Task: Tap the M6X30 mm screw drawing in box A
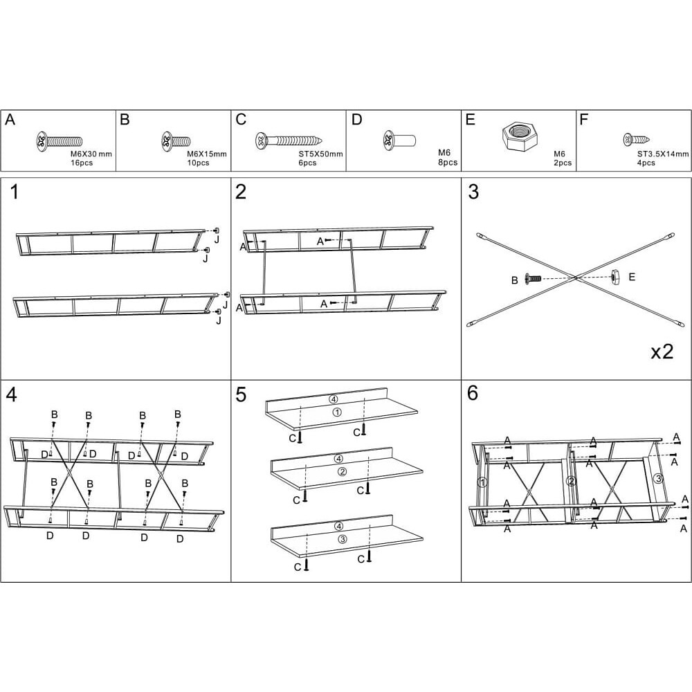coord(59,141)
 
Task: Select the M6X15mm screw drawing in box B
coord(176,141)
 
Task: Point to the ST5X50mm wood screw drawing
coord(288,140)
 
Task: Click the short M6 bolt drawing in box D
coord(399,140)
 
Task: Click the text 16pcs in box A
coord(82,163)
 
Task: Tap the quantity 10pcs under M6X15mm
coord(198,163)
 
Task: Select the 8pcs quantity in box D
coord(448,163)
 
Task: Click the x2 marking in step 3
coord(662,352)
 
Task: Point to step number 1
coord(15,192)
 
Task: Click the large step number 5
coord(241,394)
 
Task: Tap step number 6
coord(473,393)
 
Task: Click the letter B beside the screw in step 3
coord(514,280)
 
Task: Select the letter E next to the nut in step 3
coord(632,277)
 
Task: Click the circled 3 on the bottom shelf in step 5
coord(342,539)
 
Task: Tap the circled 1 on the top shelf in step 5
coord(337,412)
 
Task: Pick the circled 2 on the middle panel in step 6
coord(572,481)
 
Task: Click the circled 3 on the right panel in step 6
coord(658,478)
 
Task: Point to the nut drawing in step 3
coord(615,277)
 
